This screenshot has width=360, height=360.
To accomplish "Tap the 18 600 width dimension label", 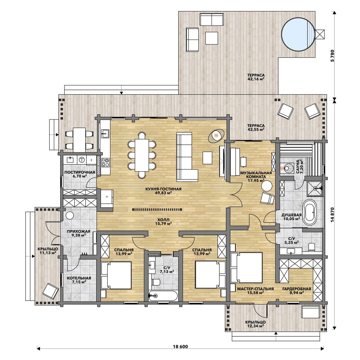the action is pos(180,347).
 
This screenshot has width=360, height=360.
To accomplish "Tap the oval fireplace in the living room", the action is pos(216,136).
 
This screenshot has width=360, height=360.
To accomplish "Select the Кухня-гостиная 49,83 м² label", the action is pos(163,191).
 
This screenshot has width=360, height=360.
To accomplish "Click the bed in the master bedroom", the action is pos(247,268).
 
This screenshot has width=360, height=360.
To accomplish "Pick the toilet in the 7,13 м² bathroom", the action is pos(156,282).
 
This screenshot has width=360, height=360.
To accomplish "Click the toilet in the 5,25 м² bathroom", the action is pos(312,247).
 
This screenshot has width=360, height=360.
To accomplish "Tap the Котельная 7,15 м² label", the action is pos(79,280).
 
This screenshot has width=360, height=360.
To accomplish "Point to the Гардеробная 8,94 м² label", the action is pos(297,291).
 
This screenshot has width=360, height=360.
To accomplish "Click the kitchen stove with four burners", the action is pos(105,162).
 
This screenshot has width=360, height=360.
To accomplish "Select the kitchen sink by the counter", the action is pos(105,134).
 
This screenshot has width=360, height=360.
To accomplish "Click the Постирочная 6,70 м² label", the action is pos(80,174).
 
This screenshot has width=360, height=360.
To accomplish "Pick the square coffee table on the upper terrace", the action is pos(211,38).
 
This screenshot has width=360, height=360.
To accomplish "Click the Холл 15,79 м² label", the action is pos(163,221).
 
